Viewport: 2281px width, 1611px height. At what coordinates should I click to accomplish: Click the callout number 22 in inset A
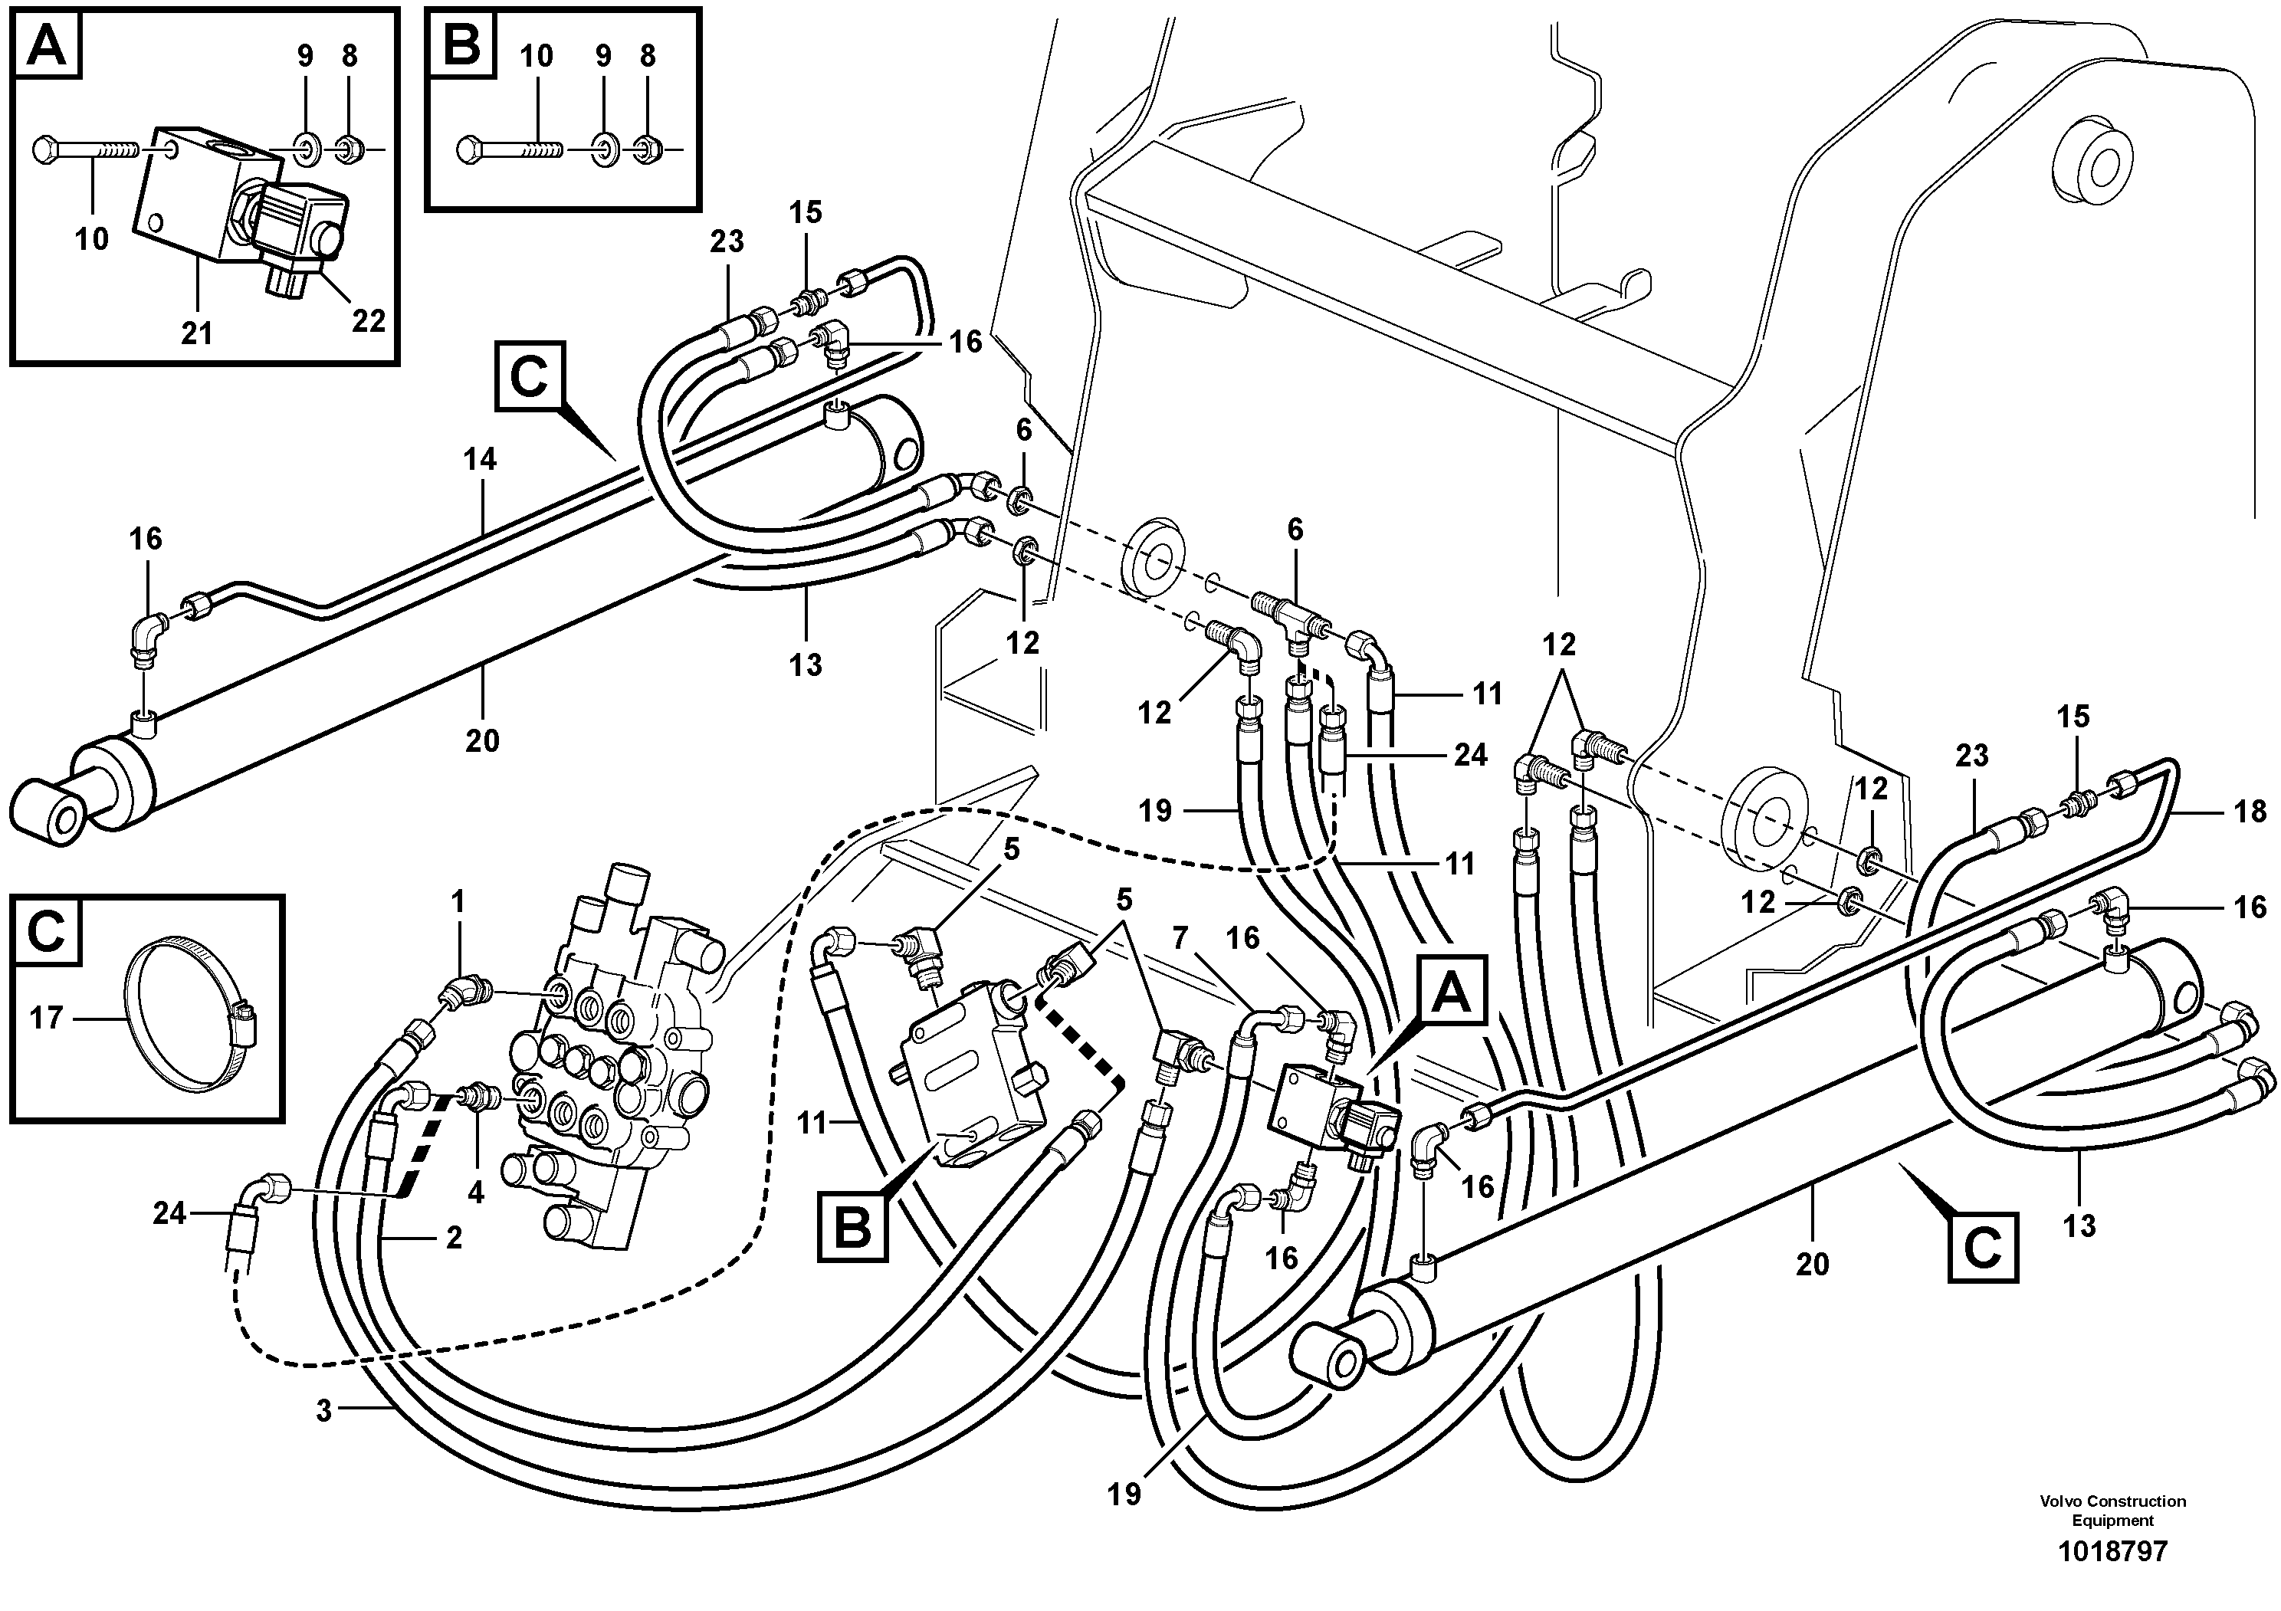(369, 321)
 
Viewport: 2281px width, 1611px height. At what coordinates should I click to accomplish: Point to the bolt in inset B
(509, 150)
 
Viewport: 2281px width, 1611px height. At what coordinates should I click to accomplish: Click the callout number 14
(480, 459)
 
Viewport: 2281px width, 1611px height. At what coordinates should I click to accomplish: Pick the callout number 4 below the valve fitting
(476, 1192)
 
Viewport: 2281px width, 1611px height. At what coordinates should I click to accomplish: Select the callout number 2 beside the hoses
(453, 1238)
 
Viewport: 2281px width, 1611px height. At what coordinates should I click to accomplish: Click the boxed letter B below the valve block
(852, 1229)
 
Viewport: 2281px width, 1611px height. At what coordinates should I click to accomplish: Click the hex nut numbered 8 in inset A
(349, 151)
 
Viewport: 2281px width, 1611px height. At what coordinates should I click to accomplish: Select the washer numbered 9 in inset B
(603, 150)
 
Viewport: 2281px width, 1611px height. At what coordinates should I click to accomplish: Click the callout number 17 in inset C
(47, 1017)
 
